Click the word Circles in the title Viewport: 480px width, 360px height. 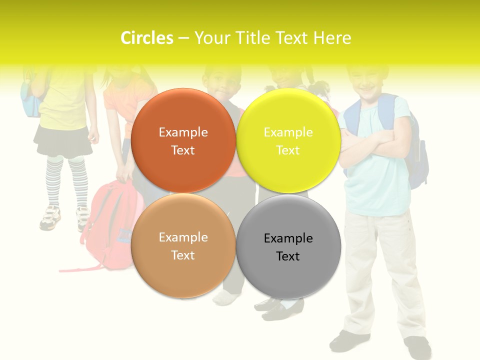(146, 38)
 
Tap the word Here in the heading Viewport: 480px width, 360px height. (332, 38)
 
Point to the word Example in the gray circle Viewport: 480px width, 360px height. (288, 238)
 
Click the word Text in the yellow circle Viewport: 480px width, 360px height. (288, 150)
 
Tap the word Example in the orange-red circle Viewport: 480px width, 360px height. (183, 132)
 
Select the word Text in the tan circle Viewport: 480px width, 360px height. (183, 255)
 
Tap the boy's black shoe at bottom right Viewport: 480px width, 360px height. (417, 347)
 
